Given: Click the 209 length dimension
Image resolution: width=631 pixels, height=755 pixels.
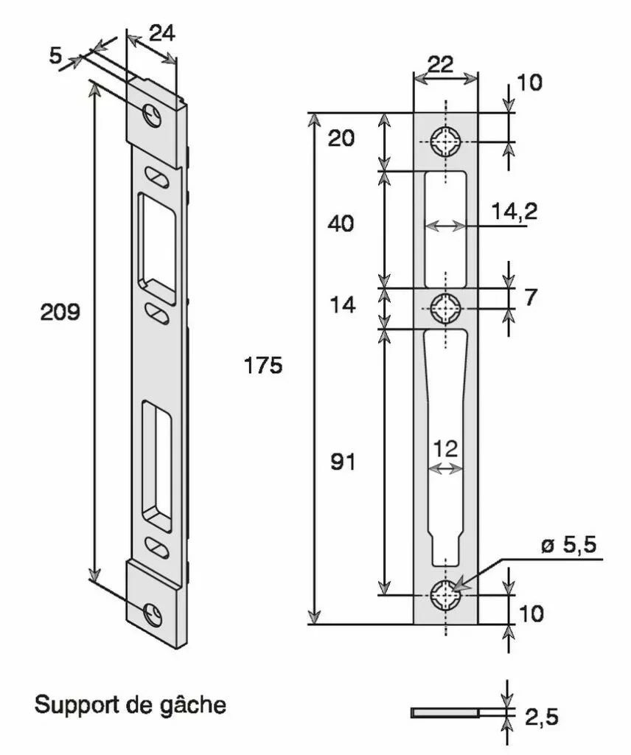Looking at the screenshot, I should tap(60, 312).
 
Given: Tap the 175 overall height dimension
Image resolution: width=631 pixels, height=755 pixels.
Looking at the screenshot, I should tap(264, 365).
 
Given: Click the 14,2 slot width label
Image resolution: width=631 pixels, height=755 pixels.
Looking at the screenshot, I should tap(514, 212).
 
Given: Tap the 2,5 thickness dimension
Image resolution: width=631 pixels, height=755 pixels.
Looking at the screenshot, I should tap(542, 716).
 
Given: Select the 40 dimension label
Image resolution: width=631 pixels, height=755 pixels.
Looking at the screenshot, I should tap(341, 223).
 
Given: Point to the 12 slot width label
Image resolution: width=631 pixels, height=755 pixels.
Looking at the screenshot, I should tap(446, 448).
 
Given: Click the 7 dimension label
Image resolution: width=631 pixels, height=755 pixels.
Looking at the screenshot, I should tap(531, 297).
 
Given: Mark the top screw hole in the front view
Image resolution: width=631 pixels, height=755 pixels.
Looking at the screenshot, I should tap(446, 140).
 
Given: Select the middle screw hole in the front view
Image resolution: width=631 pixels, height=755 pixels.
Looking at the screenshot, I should tap(446, 307).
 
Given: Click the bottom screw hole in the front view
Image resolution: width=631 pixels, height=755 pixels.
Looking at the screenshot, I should tap(446, 594).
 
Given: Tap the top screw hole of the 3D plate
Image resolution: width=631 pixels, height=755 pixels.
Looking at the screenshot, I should tap(153, 115).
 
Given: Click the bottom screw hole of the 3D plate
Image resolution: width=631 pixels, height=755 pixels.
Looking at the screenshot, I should tap(153, 613).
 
